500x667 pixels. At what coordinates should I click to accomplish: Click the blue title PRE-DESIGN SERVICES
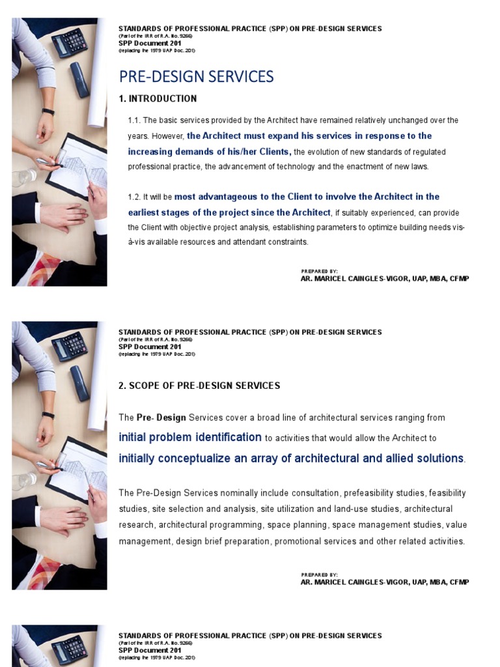196,77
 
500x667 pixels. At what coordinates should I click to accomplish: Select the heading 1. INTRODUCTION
158,99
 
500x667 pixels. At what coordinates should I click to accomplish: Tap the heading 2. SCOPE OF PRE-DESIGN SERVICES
199,386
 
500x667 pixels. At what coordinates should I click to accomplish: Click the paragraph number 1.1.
133,121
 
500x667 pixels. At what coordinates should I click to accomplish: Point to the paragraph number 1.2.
133,197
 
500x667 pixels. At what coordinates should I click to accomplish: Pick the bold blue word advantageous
229,197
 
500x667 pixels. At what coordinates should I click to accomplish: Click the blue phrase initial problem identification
190,437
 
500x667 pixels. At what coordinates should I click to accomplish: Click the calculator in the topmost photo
69,42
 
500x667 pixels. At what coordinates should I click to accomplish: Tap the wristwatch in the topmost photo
48,111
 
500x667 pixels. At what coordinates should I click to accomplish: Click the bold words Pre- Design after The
161,418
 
